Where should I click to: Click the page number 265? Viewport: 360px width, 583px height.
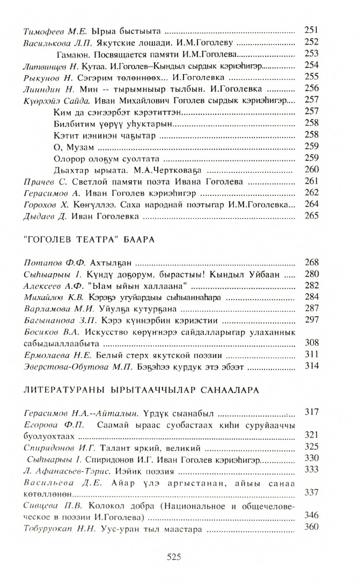(x=312, y=216)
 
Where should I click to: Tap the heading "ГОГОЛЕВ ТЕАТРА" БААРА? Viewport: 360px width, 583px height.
(x=90, y=239)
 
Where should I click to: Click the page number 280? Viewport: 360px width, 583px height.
(x=312, y=274)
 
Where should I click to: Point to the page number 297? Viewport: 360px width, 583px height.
(x=312, y=320)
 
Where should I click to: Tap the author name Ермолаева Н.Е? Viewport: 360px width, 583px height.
(x=59, y=355)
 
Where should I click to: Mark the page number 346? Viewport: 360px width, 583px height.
(x=312, y=515)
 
